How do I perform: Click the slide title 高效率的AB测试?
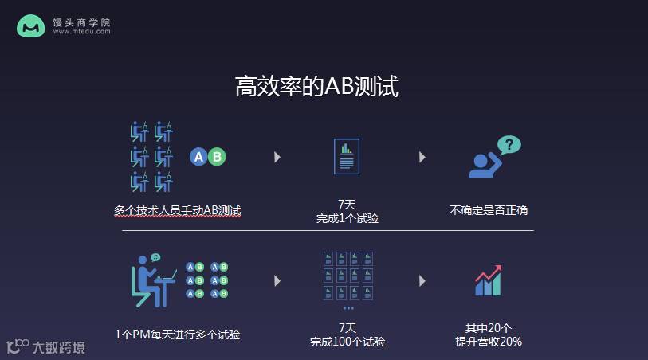coord(316,86)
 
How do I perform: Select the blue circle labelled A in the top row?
coord(198,157)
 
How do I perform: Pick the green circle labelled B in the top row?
coord(217,157)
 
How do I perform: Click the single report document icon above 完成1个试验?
coord(347,156)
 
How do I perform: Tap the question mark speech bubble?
coord(509,145)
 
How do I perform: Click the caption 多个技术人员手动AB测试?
coord(177,211)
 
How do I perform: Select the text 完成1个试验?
coord(347,218)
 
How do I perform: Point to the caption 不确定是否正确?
coord(488,211)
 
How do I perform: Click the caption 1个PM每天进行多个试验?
coord(177,335)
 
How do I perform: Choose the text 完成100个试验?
coord(347,342)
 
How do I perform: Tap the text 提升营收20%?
coord(488,342)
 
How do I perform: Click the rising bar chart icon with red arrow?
coord(488,280)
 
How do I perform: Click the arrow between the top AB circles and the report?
coord(277,157)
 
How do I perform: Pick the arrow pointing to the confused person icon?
coord(422,157)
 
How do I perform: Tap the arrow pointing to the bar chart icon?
coord(422,280)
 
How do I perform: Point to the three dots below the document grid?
coord(348,307)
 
